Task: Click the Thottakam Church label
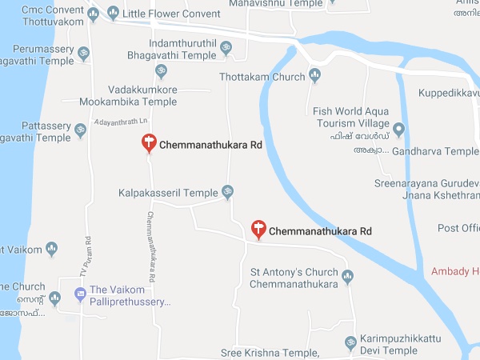pyautogui.click(x=262, y=77)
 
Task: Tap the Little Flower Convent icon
pyautogui.click(x=113, y=12)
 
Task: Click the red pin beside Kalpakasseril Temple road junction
pyautogui.click(x=258, y=229)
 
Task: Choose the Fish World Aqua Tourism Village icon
pyautogui.click(x=399, y=127)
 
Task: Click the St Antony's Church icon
pyautogui.click(x=347, y=278)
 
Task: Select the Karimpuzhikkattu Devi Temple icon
pyautogui.click(x=350, y=344)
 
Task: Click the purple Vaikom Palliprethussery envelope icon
pyautogui.click(x=80, y=294)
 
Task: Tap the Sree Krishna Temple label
pyautogui.click(x=270, y=353)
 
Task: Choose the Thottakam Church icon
pyautogui.click(x=314, y=77)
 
